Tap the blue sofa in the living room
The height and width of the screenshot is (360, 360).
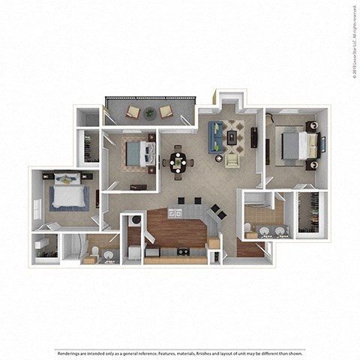[x=214, y=134]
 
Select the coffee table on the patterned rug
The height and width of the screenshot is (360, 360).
[x=231, y=136]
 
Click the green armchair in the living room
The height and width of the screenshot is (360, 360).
[x=232, y=159]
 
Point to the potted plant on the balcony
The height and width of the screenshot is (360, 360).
[x=149, y=113]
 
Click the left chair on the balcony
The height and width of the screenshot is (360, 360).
[x=133, y=113]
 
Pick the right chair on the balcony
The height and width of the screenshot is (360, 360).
[x=166, y=113]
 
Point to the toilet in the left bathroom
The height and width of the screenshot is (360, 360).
[x=109, y=256]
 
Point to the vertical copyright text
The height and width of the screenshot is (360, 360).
[x=353, y=37]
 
